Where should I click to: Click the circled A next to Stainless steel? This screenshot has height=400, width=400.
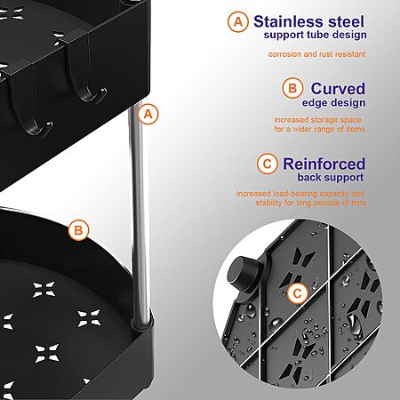pyautogui.click(x=238, y=21)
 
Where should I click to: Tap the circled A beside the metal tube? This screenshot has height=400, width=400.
pyautogui.click(x=148, y=114)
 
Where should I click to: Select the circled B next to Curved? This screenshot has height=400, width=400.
pyautogui.click(x=292, y=88)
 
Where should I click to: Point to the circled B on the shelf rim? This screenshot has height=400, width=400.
pyautogui.click(x=78, y=230)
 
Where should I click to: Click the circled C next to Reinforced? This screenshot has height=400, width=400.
pyautogui.click(x=268, y=164)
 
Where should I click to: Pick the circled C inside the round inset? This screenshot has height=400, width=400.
pyautogui.click(x=297, y=293)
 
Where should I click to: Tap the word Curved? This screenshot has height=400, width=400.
pyautogui.click(x=338, y=88)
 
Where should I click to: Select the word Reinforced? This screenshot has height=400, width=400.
pyautogui.click(x=324, y=164)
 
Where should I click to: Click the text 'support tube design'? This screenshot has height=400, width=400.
pyautogui.click(x=315, y=35)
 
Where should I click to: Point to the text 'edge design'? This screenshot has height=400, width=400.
pyautogui.click(x=333, y=102)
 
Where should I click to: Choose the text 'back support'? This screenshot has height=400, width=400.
pyautogui.click(x=331, y=177)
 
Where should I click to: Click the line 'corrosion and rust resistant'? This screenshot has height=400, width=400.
pyautogui.click(x=316, y=54)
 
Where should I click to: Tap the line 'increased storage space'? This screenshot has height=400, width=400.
pyautogui.click(x=317, y=120)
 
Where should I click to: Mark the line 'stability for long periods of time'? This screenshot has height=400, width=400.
pyautogui.click(x=311, y=203)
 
